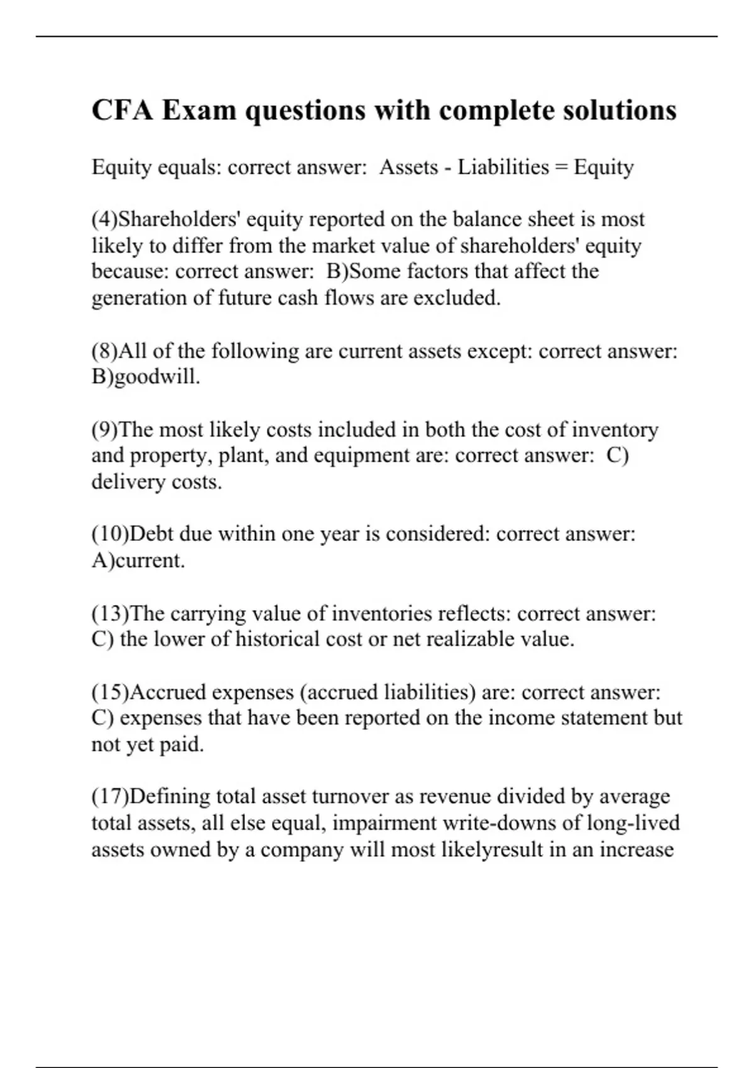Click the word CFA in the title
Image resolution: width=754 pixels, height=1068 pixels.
pos(123,111)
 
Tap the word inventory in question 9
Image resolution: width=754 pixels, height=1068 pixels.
pos(615,430)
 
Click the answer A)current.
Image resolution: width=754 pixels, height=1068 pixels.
pos(138,560)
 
